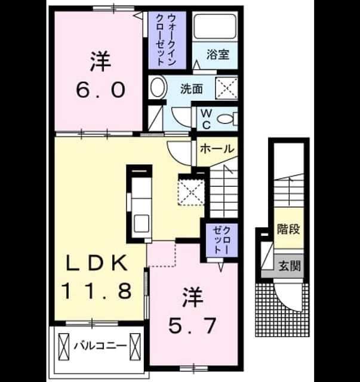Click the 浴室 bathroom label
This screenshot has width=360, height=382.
[218, 54]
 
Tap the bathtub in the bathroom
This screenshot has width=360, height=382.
[215, 26]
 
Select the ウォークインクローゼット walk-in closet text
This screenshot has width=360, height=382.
[166, 40]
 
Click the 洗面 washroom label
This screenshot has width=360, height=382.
[192, 89]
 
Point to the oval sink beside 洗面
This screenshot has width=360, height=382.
[158, 87]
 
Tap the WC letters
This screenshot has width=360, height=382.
[206, 119]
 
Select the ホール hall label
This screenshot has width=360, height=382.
[217, 149]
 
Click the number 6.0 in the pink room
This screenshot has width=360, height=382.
[101, 90]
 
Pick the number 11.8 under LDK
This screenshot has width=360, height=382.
[97, 291]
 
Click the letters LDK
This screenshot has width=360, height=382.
[97, 263]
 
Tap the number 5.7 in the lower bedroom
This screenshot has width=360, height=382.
[192, 326]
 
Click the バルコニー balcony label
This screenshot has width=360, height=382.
[101, 346]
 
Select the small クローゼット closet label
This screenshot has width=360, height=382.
[221, 241]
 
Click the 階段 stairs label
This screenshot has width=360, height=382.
[288, 229]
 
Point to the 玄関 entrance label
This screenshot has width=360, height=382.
[290, 266]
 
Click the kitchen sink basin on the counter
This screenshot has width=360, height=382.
[141, 223]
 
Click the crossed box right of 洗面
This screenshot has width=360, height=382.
[226, 88]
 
